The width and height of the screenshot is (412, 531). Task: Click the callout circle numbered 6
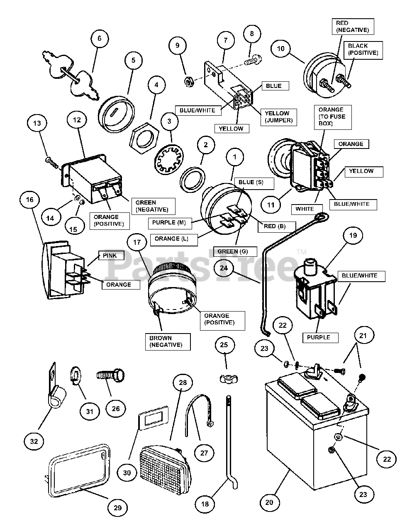(x=100, y=38)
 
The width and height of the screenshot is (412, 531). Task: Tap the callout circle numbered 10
(x=280, y=49)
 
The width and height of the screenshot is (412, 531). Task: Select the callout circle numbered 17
(x=137, y=242)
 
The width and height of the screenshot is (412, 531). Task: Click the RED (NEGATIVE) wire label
(x=353, y=27)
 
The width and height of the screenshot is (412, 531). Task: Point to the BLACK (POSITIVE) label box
(x=363, y=50)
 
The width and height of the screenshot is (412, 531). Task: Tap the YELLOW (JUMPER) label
(x=278, y=117)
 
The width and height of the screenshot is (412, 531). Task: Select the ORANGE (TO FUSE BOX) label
(x=333, y=117)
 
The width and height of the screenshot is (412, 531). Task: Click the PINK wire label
(x=111, y=256)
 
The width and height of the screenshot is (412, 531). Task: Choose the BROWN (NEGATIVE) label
(x=168, y=341)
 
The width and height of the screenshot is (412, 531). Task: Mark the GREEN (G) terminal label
(x=235, y=251)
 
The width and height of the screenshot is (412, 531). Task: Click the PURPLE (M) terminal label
(x=170, y=223)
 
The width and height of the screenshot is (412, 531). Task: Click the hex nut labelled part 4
(x=144, y=138)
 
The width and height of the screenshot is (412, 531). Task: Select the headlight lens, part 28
(x=166, y=465)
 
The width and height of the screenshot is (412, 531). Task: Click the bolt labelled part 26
(x=111, y=376)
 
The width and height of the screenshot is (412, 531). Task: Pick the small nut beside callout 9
(x=189, y=81)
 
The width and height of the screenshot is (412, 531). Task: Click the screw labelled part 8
(x=253, y=60)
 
